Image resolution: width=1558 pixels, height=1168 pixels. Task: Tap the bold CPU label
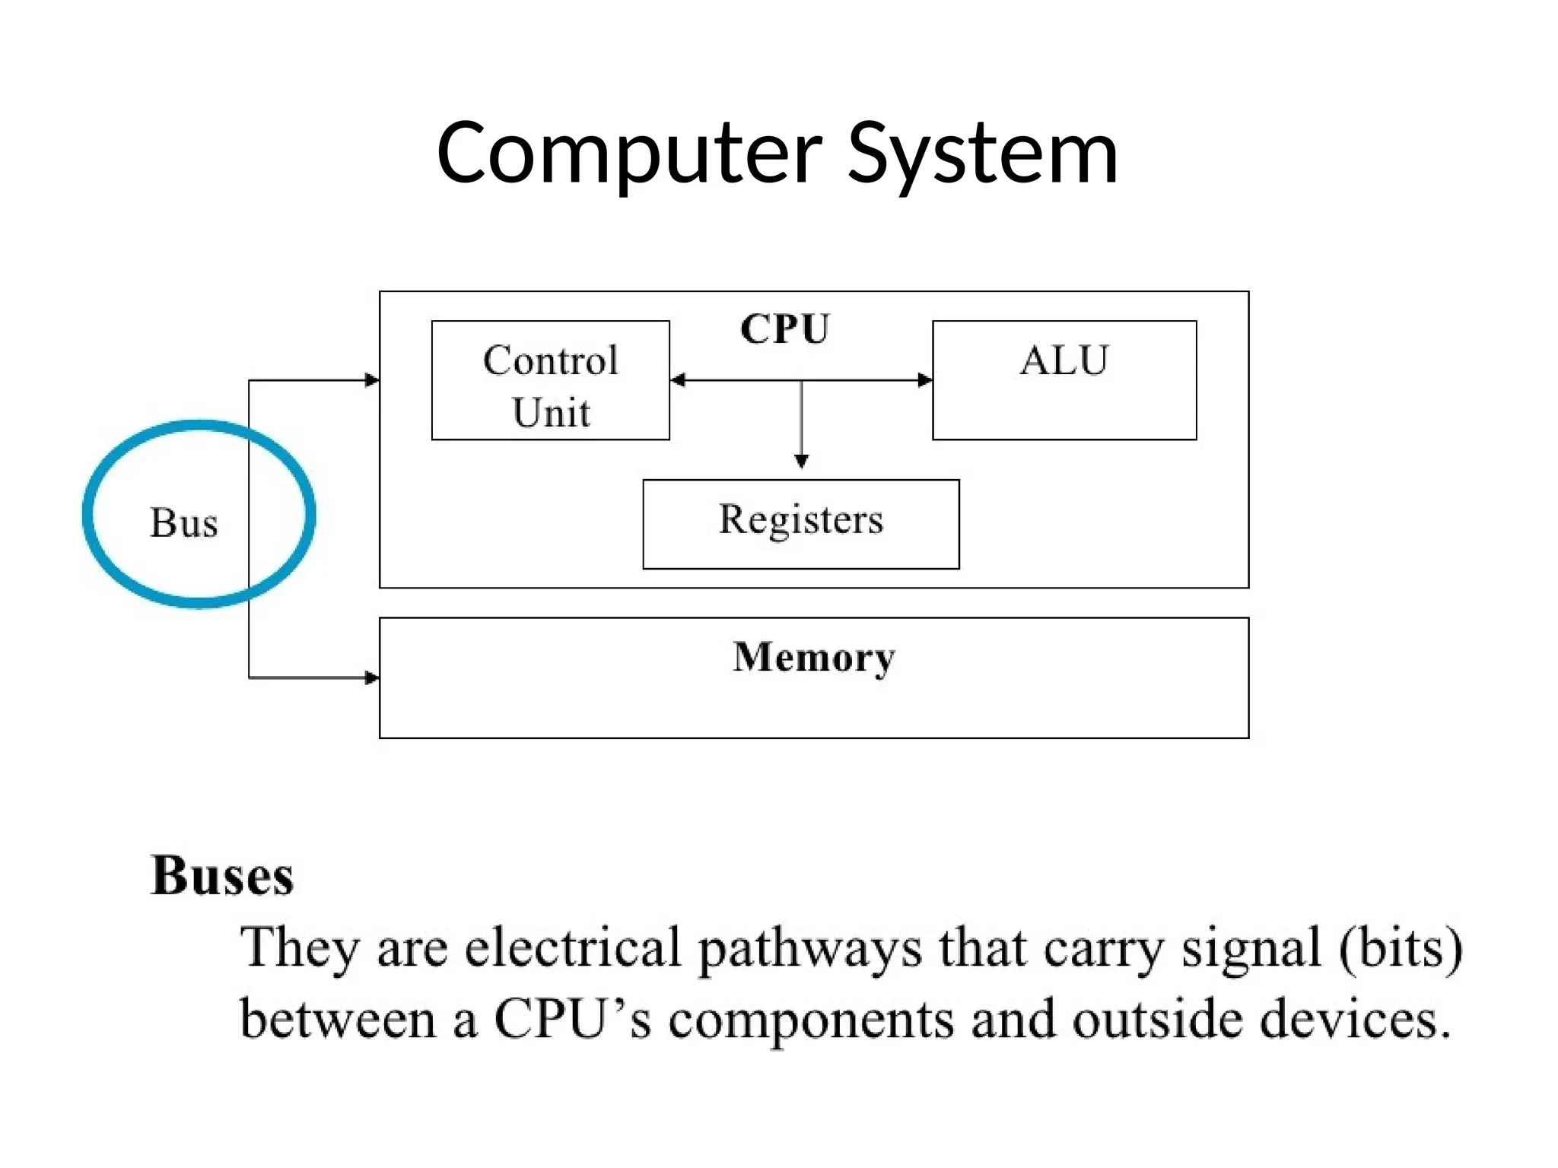(784, 329)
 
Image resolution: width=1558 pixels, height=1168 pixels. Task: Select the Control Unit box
(550, 380)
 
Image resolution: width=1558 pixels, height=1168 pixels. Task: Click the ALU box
(1064, 380)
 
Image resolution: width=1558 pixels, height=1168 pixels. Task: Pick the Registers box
(800, 523)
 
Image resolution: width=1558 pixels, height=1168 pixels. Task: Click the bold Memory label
(813, 657)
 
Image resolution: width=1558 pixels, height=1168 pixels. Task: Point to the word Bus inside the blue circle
(183, 523)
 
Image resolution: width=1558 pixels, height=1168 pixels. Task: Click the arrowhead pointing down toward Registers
(801, 462)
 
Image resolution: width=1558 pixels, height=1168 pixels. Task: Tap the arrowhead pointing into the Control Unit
(678, 380)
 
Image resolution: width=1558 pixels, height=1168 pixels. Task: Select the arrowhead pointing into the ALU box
(925, 380)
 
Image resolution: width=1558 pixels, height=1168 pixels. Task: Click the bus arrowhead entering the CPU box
(372, 380)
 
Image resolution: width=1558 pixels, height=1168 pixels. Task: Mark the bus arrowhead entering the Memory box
(372, 678)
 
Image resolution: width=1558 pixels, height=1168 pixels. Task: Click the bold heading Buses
(222, 876)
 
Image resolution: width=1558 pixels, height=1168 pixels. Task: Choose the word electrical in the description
(572, 948)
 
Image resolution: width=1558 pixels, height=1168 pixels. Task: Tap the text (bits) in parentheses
(1400, 948)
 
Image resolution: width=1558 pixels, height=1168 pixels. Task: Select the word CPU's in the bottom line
(572, 1019)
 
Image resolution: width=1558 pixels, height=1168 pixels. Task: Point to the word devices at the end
(1354, 1019)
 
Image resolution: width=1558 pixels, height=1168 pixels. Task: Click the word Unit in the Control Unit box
(551, 413)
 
